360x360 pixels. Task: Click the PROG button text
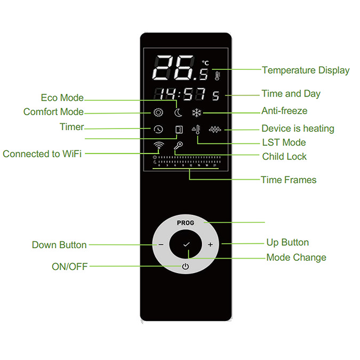coord(186,223)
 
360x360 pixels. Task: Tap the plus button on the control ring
coord(210,244)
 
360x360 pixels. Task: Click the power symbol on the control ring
coord(186,266)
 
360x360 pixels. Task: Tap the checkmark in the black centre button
coord(186,244)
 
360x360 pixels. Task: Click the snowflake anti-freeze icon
coord(197,113)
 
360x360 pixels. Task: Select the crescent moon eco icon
coord(178,113)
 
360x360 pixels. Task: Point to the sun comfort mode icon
coord(158,113)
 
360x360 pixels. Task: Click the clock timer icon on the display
coord(158,129)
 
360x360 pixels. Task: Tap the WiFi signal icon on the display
coord(159,146)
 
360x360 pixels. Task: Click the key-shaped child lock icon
coord(178,146)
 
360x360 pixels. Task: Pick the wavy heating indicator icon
coord(215,130)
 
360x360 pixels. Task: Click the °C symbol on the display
coord(205,63)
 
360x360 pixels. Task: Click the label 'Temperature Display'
coord(306,70)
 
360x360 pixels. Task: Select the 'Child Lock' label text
coord(284,157)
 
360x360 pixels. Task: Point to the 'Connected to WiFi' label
coord(42,154)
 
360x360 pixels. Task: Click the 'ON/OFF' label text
coord(69,267)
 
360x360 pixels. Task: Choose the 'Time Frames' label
coord(289,180)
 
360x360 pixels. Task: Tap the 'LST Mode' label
coord(284,142)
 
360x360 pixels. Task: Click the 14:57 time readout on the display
coord(180,94)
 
